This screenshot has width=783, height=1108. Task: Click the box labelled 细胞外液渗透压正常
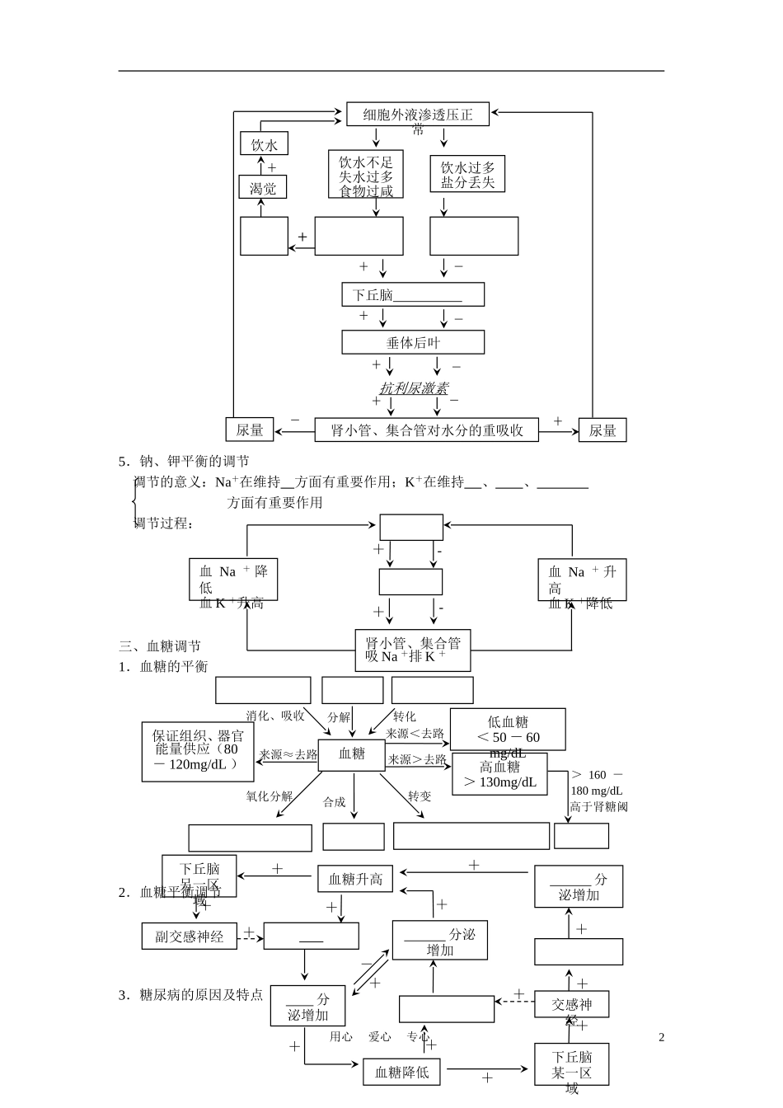click(418, 115)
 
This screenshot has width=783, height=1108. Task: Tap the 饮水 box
click(264, 145)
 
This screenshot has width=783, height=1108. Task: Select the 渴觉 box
click(263, 188)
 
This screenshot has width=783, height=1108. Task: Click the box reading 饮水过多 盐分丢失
click(467, 175)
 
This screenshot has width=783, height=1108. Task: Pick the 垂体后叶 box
click(413, 342)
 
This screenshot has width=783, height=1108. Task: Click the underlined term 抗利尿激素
click(414, 387)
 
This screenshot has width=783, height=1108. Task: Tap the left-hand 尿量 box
click(250, 430)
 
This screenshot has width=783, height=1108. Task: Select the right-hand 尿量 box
click(602, 430)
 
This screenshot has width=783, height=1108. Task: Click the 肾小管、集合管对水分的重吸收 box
click(427, 430)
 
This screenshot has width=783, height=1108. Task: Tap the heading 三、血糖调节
click(160, 646)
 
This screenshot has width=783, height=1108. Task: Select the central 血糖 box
click(352, 754)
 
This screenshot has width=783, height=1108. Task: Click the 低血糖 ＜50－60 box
click(508, 730)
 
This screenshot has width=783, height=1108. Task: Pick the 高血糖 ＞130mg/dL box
click(500, 774)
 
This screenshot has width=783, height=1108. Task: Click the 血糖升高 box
click(356, 879)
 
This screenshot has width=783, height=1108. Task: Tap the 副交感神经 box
click(190, 936)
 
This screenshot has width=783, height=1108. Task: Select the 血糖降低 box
click(402, 1072)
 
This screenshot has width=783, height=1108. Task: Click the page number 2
click(661, 1037)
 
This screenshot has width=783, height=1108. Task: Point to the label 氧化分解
click(269, 796)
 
